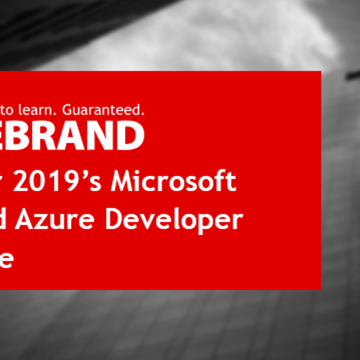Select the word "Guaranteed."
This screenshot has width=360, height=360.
(103, 110)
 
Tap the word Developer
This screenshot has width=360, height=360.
(173, 220)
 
